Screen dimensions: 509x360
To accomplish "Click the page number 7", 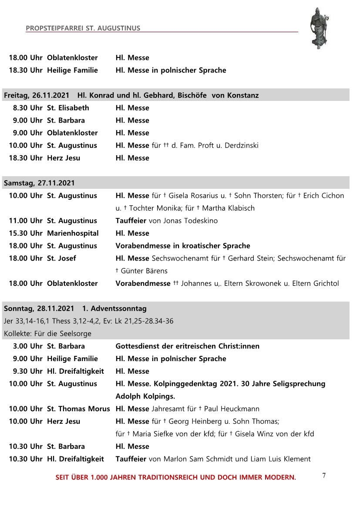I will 324,475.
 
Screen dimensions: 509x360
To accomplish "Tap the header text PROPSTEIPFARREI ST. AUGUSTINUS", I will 83,28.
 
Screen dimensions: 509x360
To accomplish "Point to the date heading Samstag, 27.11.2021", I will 39,183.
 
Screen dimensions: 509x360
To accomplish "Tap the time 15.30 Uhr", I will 26,233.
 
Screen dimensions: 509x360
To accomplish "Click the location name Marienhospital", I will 73,233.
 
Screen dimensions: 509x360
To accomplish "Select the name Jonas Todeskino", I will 190,221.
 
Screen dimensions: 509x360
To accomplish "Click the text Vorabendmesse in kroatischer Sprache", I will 182,246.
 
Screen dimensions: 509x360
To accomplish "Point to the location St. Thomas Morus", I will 78,409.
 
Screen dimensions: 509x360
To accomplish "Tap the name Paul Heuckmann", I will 232,409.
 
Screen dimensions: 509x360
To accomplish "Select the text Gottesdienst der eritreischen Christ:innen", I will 187,346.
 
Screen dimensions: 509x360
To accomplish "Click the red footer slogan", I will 175,477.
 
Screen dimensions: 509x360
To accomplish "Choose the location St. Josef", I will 61,258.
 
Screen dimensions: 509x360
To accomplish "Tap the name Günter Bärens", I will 144,271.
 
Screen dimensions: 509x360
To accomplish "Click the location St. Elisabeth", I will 68,108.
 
